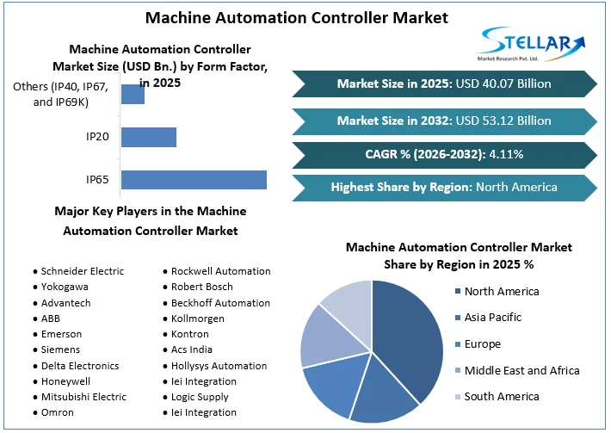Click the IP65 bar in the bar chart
(x=194, y=179)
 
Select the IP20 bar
(x=149, y=137)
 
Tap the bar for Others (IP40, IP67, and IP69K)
(x=133, y=94)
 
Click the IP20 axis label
(x=96, y=137)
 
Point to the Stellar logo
(x=532, y=43)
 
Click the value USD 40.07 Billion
(x=503, y=84)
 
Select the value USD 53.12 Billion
(x=503, y=120)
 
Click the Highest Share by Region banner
(x=444, y=187)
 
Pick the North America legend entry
(x=502, y=291)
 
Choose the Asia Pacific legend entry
(x=493, y=318)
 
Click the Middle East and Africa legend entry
(x=522, y=370)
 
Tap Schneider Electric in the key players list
(x=83, y=271)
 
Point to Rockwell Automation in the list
(x=221, y=271)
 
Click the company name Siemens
(x=60, y=349)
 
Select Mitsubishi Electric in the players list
(x=83, y=397)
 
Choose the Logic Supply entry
(x=200, y=397)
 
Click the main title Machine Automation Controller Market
(x=297, y=17)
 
